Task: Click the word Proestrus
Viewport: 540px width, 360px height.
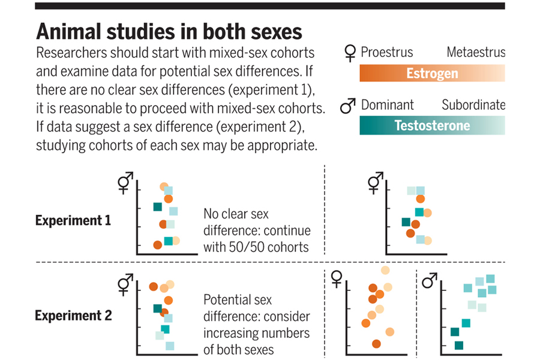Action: point(386,52)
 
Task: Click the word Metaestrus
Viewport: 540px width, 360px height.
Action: point(476,52)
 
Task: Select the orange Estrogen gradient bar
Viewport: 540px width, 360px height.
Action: point(432,73)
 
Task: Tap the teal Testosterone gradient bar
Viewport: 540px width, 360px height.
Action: point(432,125)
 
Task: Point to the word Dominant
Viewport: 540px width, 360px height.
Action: point(387,105)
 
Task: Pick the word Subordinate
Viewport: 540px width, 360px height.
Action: point(473,105)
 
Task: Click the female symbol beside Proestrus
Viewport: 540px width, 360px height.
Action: point(349,54)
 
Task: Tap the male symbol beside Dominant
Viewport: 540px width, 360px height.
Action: point(348,106)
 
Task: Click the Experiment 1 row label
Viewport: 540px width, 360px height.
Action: point(73,220)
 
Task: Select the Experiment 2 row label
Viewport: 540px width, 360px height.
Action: point(73,316)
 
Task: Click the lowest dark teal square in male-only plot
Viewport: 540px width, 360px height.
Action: point(459,345)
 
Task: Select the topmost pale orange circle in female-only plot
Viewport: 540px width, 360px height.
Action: point(385,271)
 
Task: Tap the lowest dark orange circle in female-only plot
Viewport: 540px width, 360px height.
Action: point(376,344)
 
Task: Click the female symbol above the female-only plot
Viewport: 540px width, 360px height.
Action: point(337,279)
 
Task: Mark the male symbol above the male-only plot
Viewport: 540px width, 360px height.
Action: point(430,280)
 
